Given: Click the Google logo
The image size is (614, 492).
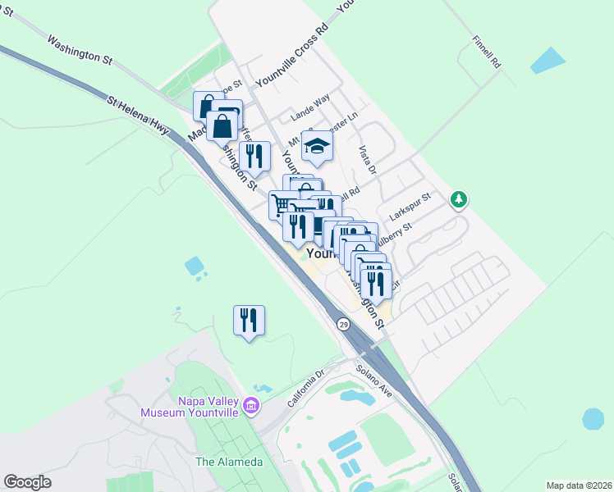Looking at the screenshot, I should (28, 482).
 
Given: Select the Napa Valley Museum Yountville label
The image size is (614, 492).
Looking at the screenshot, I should (194, 407).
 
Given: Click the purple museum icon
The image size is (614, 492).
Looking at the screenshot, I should (250, 405).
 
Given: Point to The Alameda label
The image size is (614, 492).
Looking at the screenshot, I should (229, 462).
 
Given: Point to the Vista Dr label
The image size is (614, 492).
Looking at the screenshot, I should (366, 160).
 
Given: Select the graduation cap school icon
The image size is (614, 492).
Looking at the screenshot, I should (317, 147).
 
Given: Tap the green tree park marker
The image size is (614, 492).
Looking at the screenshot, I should (459, 199).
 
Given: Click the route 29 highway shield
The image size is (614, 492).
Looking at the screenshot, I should (344, 325).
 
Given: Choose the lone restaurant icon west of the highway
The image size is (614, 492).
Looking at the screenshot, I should (249, 320).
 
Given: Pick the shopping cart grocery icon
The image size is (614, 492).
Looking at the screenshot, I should (281, 205).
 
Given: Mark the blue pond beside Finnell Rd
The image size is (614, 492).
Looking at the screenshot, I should (548, 60).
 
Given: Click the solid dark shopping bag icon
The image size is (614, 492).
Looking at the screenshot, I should (222, 126).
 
